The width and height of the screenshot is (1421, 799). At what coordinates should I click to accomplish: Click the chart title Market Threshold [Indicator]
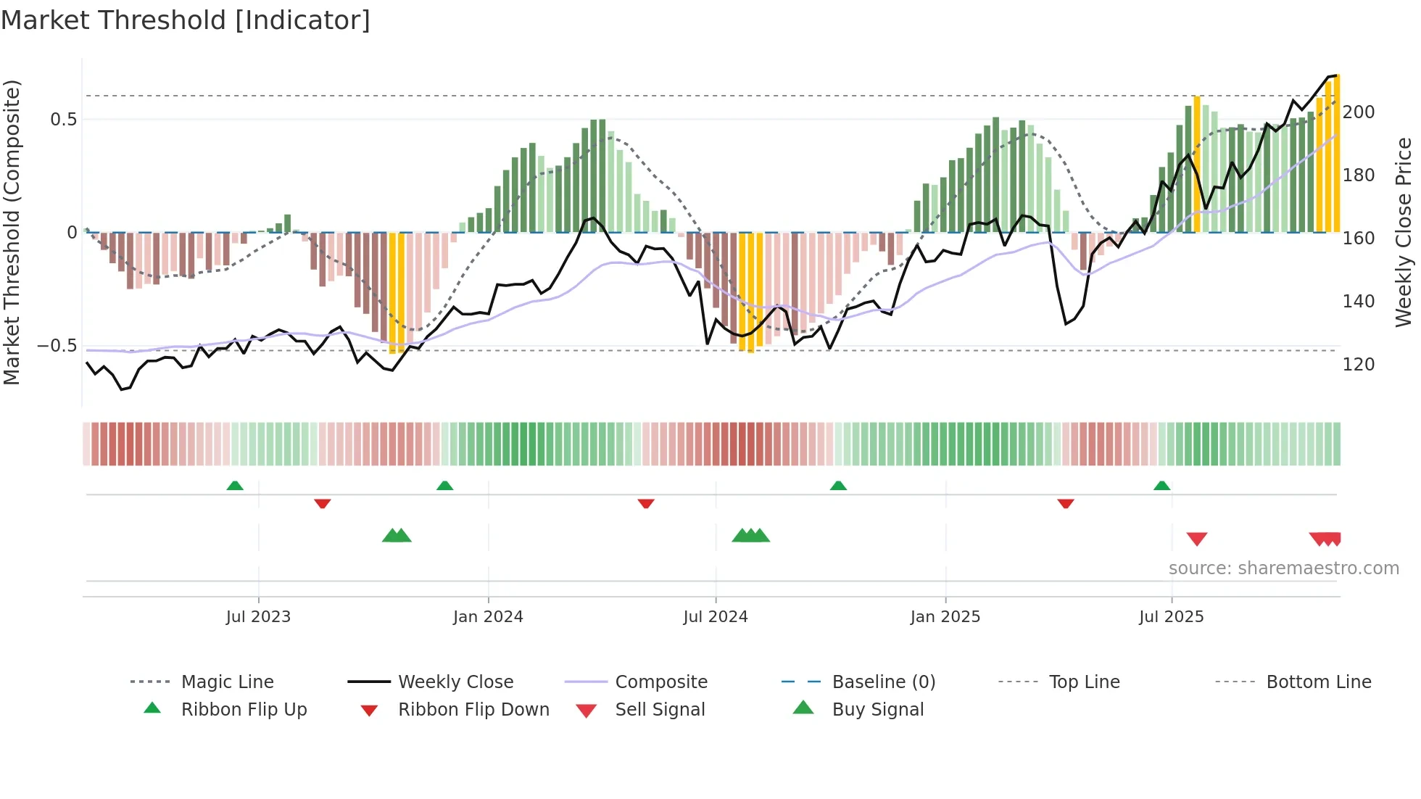coord(186,20)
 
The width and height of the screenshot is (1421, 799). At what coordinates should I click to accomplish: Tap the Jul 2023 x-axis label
coord(258,617)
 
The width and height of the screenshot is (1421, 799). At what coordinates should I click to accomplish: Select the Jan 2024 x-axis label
coord(488,617)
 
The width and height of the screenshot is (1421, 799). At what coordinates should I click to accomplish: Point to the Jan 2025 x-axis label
coord(945,617)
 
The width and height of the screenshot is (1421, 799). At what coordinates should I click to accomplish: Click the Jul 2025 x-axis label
coord(1171,617)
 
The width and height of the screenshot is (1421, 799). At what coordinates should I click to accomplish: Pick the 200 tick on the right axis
coord(1358,112)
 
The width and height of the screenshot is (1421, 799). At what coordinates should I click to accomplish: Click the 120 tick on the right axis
coord(1358,365)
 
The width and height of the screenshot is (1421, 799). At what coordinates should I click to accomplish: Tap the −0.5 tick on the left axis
coord(57,346)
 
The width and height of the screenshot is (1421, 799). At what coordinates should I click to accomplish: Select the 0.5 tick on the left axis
coord(63,120)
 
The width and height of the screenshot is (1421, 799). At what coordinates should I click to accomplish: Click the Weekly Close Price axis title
coord(1404,232)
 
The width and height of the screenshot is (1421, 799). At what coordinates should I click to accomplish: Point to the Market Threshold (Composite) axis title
coord(12,232)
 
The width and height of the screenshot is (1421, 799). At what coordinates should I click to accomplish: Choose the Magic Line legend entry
coord(227,682)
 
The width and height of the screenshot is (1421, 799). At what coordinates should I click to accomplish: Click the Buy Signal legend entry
coord(877,710)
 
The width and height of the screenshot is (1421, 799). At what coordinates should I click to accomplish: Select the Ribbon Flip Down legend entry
coord(473,710)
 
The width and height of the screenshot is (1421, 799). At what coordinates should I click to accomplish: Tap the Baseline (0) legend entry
coord(883,682)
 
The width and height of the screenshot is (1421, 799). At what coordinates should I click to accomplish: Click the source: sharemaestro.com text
coord(1283,568)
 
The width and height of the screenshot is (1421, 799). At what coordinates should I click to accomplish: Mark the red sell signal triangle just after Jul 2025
coord(1197,539)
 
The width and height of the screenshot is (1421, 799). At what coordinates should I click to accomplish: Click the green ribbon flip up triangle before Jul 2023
coord(235,486)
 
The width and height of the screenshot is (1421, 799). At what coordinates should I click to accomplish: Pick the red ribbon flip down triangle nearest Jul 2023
coord(323,503)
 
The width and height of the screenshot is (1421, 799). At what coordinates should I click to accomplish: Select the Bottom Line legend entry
coord(1318,682)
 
